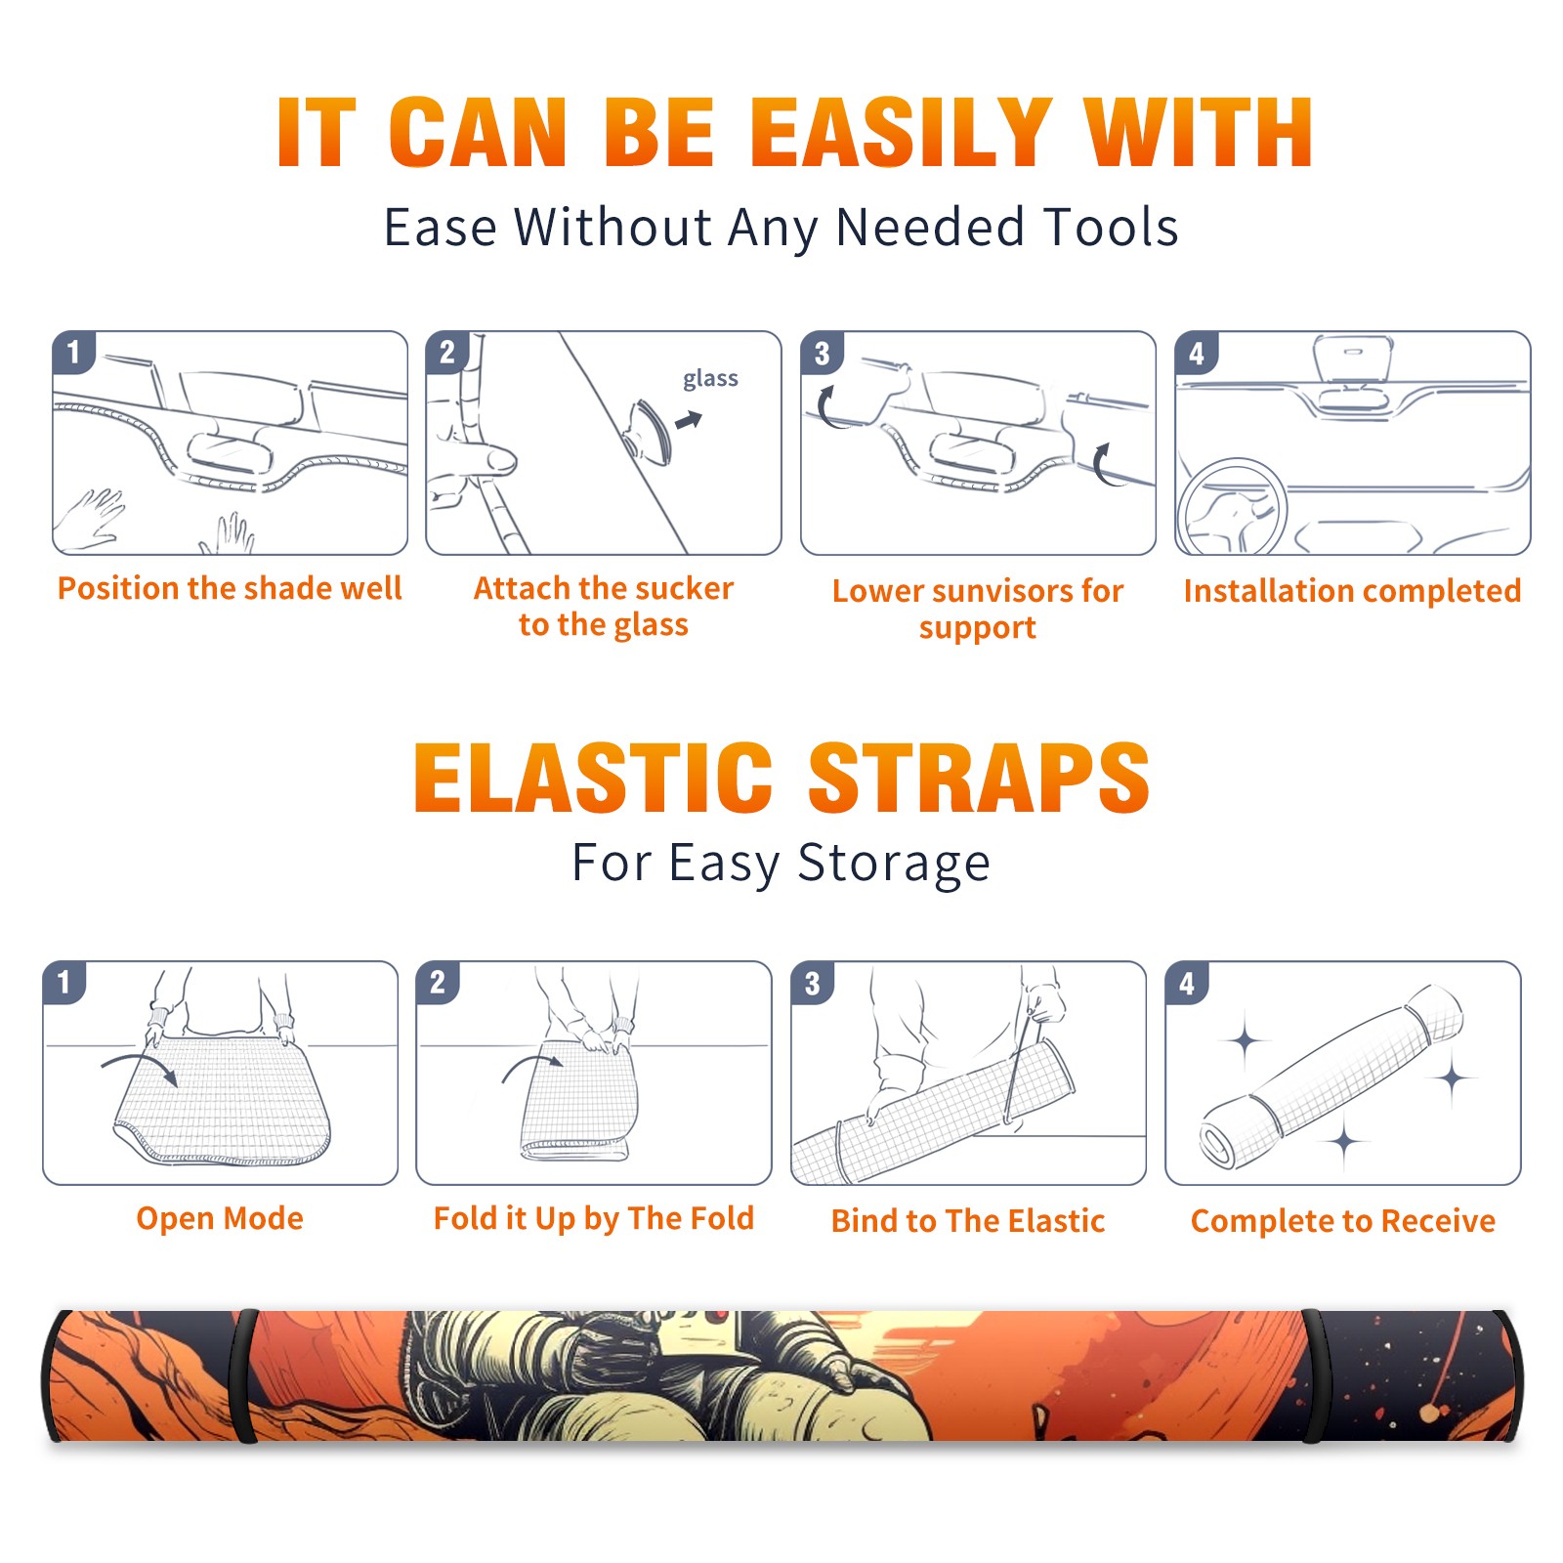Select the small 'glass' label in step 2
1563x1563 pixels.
coord(710,379)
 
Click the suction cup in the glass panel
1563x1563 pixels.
coord(650,431)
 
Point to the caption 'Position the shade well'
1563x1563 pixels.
coord(230,588)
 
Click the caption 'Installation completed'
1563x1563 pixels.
coord(1352,591)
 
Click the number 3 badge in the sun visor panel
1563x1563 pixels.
coord(822,353)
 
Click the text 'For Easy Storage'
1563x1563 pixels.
coord(781,863)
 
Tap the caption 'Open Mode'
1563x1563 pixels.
coord(220,1218)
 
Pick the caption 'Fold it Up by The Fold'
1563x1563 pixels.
coord(593,1219)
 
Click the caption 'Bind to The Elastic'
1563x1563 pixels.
coord(967,1221)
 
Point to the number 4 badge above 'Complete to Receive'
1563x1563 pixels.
coord(1186,983)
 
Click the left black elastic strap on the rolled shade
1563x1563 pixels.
coord(246,1376)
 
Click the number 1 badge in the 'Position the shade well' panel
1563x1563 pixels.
coord(73,352)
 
